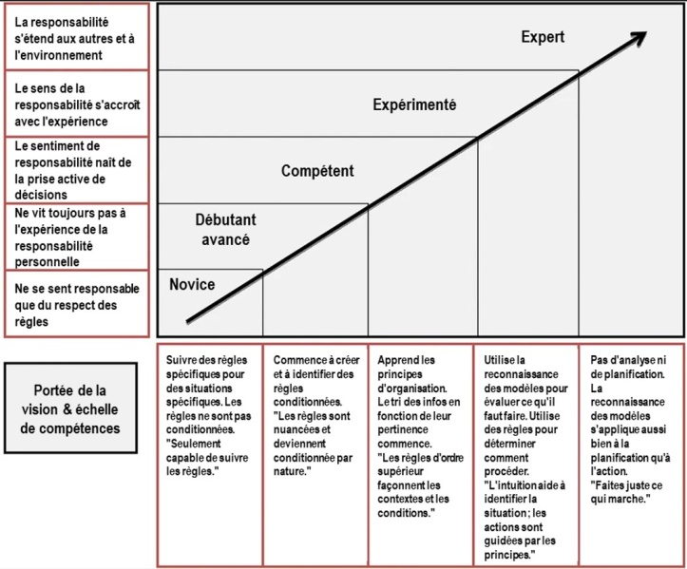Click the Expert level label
tap(543, 37)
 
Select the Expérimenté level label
tap(414, 104)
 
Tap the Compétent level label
tap(317, 171)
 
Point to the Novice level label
tap(192, 284)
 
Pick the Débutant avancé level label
tap(225, 230)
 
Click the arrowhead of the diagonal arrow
tap(640, 36)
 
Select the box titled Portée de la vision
tap(70, 408)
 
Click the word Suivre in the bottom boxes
tap(181, 360)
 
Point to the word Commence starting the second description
tap(297, 360)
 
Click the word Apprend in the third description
tap(392, 361)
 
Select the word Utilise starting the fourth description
tap(499, 360)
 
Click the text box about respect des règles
tap(77, 304)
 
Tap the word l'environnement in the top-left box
tap(58, 55)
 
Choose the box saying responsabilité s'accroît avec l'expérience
tap(77, 104)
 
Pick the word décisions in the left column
tap(41, 195)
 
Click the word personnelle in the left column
tap(47, 262)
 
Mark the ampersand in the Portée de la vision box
tap(67, 409)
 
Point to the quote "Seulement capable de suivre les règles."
tap(207, 457)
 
